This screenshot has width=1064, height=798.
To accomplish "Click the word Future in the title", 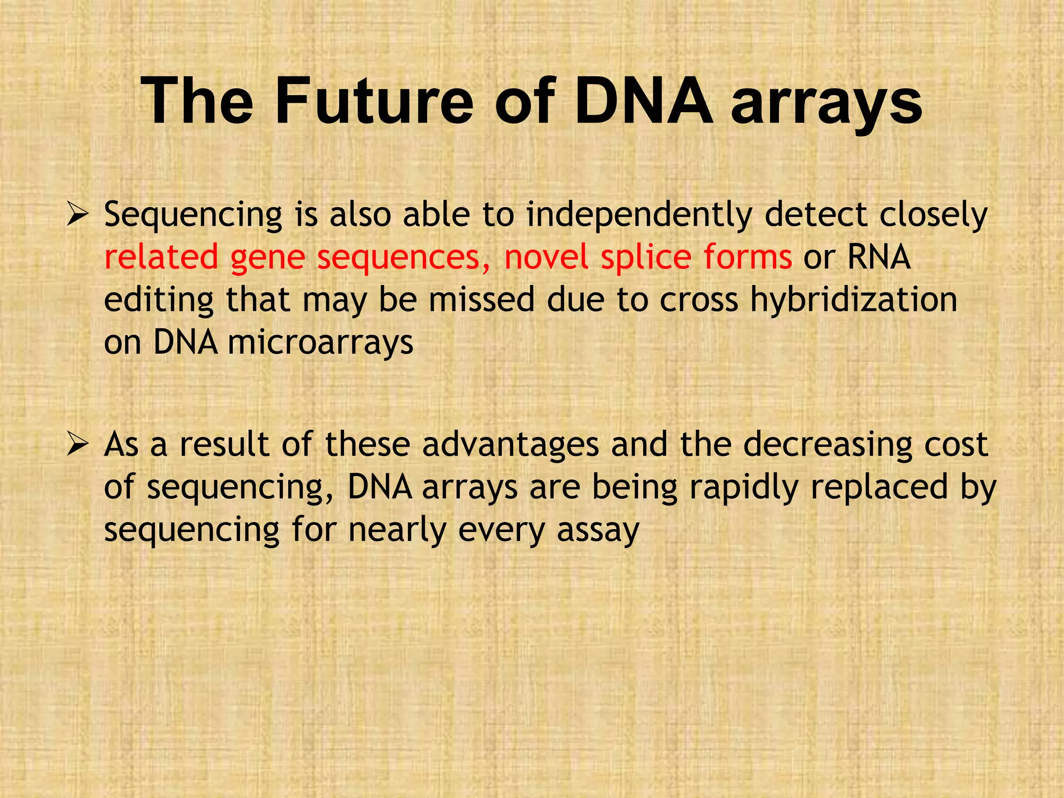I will pyautogui.click(x=374, y=101).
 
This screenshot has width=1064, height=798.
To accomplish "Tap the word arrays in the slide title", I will pyautogui.click(x=826, y=104).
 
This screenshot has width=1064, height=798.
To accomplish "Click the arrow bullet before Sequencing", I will pyautogui.click(x=78, y=215).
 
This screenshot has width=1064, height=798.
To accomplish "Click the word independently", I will pyautogui.click(x=639, y=216).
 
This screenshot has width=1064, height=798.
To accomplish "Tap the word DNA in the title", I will pyautogui.click(x=644, y=101).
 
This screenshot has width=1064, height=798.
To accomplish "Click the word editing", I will pyautogui.click(x=159, y=301).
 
